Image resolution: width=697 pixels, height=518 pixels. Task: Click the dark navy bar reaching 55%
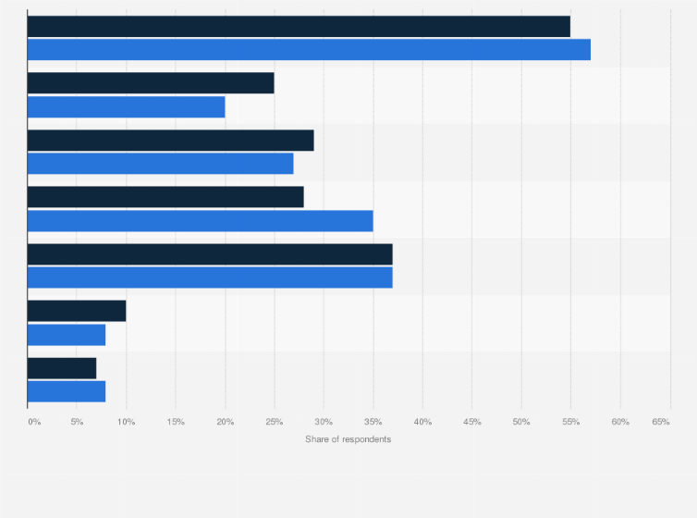click(299, 27)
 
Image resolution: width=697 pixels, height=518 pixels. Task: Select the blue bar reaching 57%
click(309, 50)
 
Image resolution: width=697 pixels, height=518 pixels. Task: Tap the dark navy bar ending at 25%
click(151, 83)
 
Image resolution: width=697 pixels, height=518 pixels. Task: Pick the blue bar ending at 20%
click(126, 107)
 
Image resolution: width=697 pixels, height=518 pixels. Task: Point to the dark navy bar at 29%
click(170, 141)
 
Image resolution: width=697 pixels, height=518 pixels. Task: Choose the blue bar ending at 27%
click(160, 164)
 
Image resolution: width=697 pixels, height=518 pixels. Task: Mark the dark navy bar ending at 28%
click(165, 197)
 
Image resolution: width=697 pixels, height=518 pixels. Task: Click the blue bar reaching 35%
click(200, 221)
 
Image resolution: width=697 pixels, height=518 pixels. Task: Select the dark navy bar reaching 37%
click(210, 254)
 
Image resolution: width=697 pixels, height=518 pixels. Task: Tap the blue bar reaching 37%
click(210, 277)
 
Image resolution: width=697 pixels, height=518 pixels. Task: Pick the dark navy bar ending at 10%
click(77, 311)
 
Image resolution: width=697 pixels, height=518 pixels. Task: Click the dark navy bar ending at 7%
click(62, 368)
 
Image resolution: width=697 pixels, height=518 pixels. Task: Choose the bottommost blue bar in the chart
click(67, 391)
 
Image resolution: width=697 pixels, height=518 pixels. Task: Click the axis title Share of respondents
click(348, 439)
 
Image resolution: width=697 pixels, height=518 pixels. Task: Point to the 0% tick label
click(34, 422)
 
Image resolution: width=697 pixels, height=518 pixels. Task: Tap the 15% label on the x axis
click(176, 422)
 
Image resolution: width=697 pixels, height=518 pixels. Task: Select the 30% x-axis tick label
click(324, 422)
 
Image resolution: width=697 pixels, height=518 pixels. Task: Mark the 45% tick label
click(471, 422)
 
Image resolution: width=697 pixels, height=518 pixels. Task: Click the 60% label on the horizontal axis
click(619, 422)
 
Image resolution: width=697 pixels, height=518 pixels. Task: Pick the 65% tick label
click(661, 422)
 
